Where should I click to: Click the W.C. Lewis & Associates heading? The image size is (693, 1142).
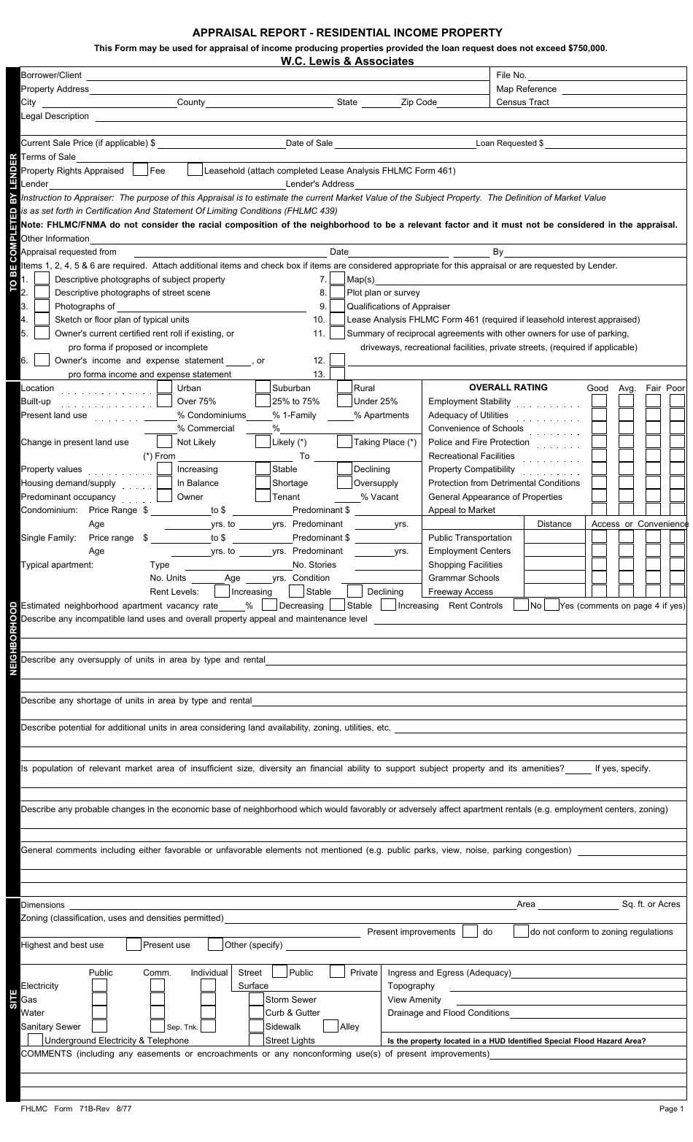[346, 61]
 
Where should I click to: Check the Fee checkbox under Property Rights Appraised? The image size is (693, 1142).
[141, 170]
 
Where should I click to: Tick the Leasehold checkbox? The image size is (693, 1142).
[195, 170]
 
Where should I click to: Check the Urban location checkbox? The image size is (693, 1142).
[165, 387]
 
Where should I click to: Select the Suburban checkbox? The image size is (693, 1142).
[263, 387]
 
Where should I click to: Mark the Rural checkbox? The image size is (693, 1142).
[344, 387]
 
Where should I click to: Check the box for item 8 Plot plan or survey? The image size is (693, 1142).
[337, 293]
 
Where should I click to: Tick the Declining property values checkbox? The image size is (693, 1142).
[344, 469]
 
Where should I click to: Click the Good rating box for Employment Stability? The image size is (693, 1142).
[598, 401]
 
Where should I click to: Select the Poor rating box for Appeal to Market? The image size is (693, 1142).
[676, 510]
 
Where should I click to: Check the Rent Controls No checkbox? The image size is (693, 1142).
[521, 605]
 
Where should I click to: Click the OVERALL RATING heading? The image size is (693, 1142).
[508, 387]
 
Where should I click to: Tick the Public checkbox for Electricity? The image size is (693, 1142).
[99, 986]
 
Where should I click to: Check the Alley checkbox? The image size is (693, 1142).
[330, 1026]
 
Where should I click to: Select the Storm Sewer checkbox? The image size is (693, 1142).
[255, 1000]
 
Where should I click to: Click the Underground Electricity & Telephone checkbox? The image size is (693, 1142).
[34, 1040]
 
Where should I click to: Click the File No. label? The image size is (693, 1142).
[511, 75]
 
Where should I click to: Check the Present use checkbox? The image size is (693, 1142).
[133, 945]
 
